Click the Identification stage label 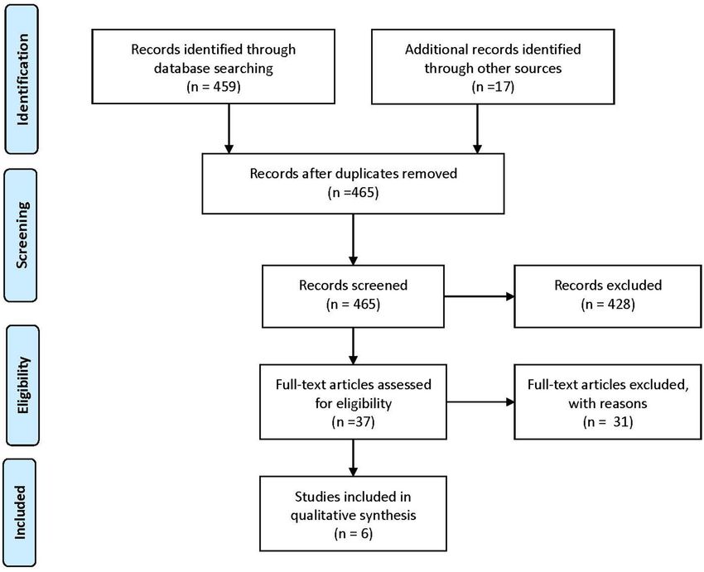[22, 79]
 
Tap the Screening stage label [21, 235]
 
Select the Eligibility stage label [22, 385]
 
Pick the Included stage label [20, 512]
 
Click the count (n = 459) [213, 87]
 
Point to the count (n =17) [493, 87]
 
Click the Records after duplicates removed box [353, 184]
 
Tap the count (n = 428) [608, 304]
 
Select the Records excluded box [607, 296]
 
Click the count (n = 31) [608, 421]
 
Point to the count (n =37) [353, 421]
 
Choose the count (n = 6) [353, 533]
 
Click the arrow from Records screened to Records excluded [479, 296]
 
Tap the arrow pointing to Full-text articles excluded [480, 402]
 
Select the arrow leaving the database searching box [229, 129]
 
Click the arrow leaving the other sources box [477, 129]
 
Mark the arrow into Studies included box [353, 458]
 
